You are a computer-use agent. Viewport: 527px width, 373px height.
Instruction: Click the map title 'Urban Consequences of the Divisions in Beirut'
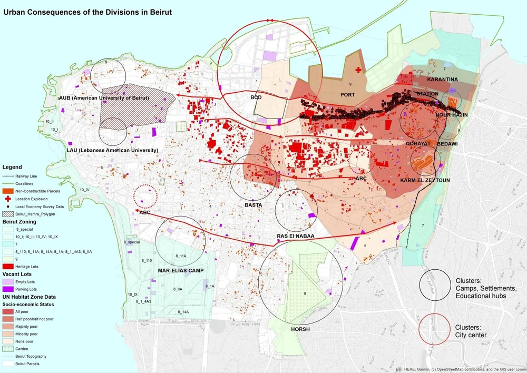point(88,11)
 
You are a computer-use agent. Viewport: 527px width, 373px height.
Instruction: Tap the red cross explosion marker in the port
point(359,70)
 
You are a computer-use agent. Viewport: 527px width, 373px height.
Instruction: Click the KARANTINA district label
point(442,80)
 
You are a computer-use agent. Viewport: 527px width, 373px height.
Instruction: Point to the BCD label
point(256,98)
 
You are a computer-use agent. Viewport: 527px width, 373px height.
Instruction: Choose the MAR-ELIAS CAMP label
point(181,271)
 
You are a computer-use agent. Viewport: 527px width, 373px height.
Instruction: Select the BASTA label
point(253,205)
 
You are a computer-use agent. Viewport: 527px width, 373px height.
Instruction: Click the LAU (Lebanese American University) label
point(113,150)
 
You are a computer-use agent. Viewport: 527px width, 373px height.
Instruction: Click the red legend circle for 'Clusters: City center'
point(433,330)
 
